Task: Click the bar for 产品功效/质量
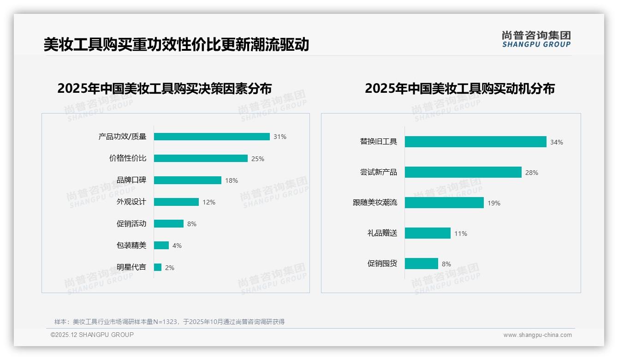(212, 137)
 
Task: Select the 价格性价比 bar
(201, 158)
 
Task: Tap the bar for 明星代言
(158, 267)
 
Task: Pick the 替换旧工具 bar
(475, 142)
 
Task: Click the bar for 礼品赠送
(428, 233)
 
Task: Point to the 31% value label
(280, 137)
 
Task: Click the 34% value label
(557, 142)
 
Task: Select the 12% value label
(209, 202)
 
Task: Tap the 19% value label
(494, 203)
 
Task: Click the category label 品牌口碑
(131, 180)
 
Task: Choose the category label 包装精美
(131, 245)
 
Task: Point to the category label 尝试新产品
(379, 172)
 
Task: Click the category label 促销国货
(382, 264)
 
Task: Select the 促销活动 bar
(169, 224)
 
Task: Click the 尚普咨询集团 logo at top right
(536, 39)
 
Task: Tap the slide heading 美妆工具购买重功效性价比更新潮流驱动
(176, 45)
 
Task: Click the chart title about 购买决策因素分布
(165, 88)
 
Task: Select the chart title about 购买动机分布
(460, 88)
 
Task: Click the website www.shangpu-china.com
(537, 335)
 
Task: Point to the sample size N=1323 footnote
(169, 322)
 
